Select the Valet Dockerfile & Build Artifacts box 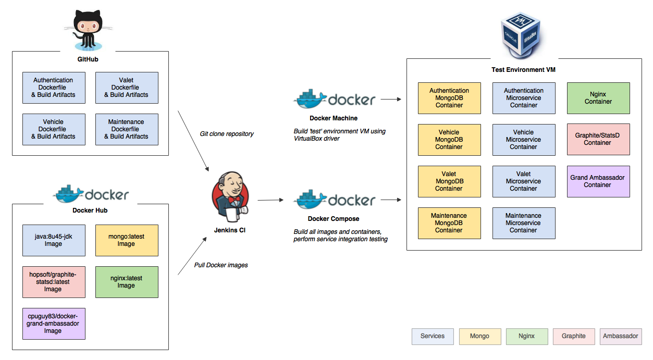[127, 88]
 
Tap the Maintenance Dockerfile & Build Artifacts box [127, 129]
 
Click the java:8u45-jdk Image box [54, 240]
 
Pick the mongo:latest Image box [127, 240]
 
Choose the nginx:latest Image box [127, 282]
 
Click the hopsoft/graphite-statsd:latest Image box [54, 282]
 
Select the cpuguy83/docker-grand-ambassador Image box [54, 324]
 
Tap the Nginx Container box [598, 98]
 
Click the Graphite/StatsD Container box [598, 139]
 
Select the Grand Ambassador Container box [598, 181]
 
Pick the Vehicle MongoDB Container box [449, 140]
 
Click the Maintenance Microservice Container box [524, 223]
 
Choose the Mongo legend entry [479, 336]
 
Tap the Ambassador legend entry [620, 336]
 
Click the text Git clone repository [227, 134]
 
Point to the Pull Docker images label [221, 265]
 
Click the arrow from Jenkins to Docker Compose [270, 200]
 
